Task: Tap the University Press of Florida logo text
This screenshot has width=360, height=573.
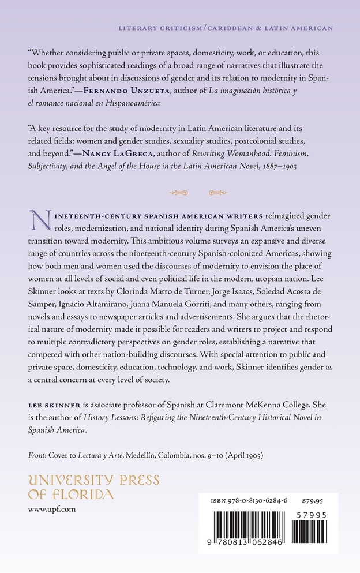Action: click(93, 487)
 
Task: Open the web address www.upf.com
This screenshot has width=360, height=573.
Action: click(52, 510)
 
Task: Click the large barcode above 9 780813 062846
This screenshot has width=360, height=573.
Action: click(249, 527)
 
